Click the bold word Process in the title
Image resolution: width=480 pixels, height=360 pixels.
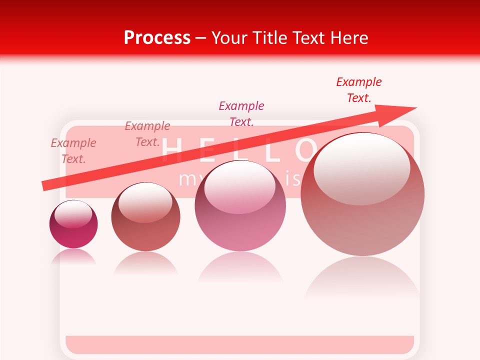(x=157, y=38)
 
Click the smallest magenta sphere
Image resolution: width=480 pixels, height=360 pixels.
(x=73, y=224)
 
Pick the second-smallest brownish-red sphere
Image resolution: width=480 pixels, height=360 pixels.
(x=145, y=216)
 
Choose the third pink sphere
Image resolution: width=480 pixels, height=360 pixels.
(x=240, y=205)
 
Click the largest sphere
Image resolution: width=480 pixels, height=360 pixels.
(x=362, y=194)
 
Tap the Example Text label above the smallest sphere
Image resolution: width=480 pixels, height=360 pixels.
(x=73, y=151)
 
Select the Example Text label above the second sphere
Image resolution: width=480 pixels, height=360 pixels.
(x=147, y=134)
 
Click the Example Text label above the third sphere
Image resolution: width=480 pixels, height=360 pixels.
(x=241, y=113)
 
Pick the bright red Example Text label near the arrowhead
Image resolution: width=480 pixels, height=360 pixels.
(x=359, y=89)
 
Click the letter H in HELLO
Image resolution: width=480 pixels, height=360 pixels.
(x=171, y=150)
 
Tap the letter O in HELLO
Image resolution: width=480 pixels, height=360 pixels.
(x=305, y=150)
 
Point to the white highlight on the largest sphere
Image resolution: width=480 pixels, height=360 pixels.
(x=361, y=167)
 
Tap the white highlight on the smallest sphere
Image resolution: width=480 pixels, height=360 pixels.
(x=73, y=214)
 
